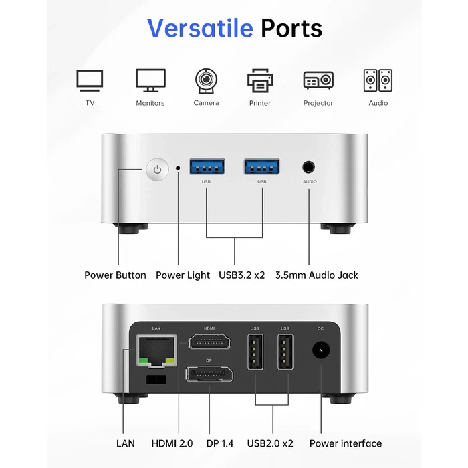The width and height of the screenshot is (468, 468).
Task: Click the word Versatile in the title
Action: click(x=201, y=28)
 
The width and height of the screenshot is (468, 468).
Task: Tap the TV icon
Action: click(x=90, y=80)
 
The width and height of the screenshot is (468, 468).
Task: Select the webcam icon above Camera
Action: click(x=206, y=81)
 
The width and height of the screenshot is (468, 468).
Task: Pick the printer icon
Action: click(x=260, y=81)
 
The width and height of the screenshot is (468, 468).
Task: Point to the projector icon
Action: click(x=318, y=80)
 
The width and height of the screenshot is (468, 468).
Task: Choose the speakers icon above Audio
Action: click(x=378, y=80)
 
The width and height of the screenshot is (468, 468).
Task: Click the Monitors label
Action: click(x=150, y=103)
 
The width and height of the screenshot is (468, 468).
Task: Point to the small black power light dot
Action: click(x=178, y=168)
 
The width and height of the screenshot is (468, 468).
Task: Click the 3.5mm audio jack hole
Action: click(x=308, y=167)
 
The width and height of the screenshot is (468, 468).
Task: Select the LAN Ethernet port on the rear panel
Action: click(x=156, y=350)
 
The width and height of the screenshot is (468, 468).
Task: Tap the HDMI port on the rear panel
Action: click(x=209, y=341)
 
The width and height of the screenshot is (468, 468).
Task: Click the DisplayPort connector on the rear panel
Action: click(x=209, y=374)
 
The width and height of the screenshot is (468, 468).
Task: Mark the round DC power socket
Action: click(x=321, y=350)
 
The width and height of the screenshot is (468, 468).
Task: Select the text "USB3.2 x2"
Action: click(x=242, y=275)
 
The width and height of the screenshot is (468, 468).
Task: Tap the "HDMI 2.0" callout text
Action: click(x=172, y=443)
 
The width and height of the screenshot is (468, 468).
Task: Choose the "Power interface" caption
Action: click(x=346, y=443)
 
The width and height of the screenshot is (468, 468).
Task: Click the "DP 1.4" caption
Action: click(x=220, y=443)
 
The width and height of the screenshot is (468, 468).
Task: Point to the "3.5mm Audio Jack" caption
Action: click(x=316, y=275)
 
